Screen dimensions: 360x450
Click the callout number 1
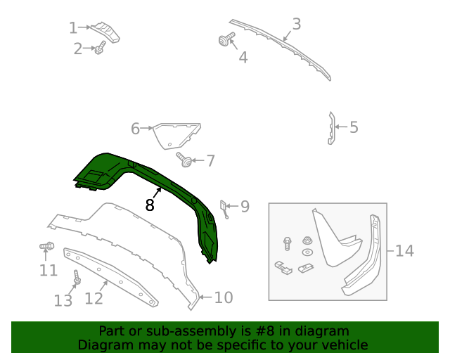click(72, 28)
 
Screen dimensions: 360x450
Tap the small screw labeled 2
click(101, 48)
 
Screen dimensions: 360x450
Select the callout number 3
click(296, 25)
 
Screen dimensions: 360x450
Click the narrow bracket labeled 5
click(330, 127)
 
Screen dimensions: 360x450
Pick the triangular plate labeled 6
click(176, 134)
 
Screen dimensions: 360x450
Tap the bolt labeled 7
click(184, 160)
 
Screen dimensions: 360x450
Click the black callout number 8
click(150, 205)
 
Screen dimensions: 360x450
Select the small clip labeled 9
click(224, 208)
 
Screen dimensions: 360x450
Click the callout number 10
click(223, 297)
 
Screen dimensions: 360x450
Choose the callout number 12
click(94, 298)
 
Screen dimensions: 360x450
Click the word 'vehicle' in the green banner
click(344, 345)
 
